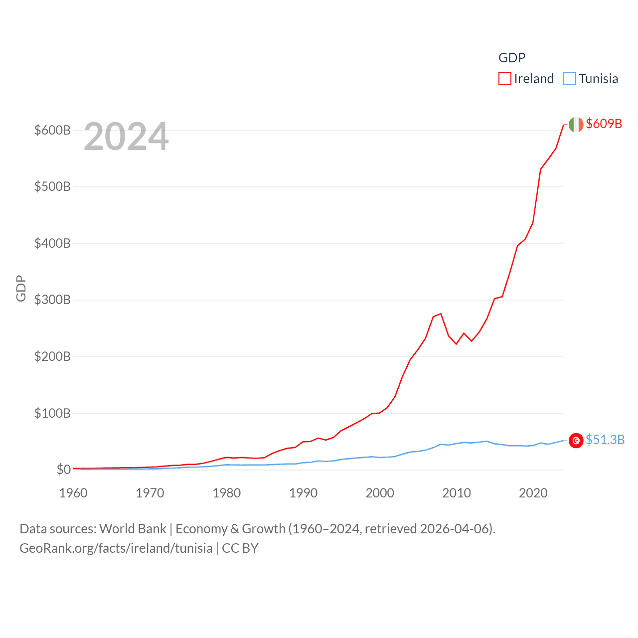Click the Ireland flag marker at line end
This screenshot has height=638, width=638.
tap(576, 125)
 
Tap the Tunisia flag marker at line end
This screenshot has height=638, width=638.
tap(576, 441)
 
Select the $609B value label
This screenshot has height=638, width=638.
tap(604, 124)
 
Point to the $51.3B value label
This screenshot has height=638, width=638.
tap(605, 440)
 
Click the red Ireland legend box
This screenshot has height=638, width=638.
tap(505, 79)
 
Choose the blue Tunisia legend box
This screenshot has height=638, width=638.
tap(570, 79)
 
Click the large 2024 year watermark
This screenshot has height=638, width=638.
tap(126, 137)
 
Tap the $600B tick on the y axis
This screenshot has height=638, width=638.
tap(52, 130)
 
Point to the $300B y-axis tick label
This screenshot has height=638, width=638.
tap(52, 300)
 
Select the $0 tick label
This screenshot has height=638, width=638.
tap(63, 470)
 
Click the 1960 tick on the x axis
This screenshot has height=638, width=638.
tap(73, 493)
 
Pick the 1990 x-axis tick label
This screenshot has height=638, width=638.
tap(303, 493)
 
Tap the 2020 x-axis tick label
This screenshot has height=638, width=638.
tap(533, 493)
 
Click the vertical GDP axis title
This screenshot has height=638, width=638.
tap(21, 288)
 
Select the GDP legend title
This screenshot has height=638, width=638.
tap(512, 58)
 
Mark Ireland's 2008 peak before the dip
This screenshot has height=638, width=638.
tap(441, 314)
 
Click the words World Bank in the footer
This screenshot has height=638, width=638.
tap(133, 529)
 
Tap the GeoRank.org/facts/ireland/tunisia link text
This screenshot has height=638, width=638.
tap(116, 548)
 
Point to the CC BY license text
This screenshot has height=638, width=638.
tap(240, 548)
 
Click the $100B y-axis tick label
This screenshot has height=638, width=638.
tap(52, 413)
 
